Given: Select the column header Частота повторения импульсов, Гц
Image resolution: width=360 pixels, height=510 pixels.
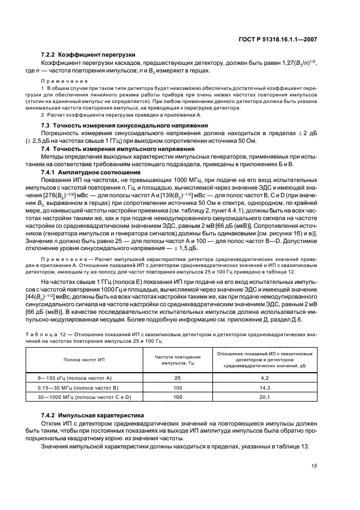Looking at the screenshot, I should point(178,360).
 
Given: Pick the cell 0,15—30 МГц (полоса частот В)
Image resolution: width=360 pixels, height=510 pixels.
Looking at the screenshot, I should point(74,387).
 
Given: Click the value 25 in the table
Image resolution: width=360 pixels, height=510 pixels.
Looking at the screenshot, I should point(178,377).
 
